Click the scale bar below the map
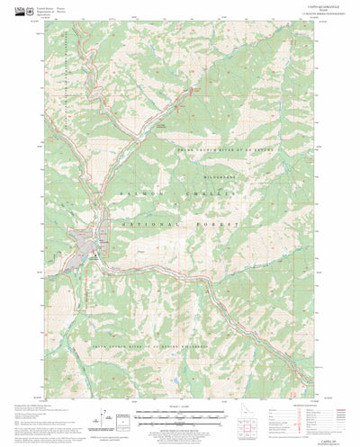tap(180, 416)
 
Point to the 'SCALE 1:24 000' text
tap(180, 409)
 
